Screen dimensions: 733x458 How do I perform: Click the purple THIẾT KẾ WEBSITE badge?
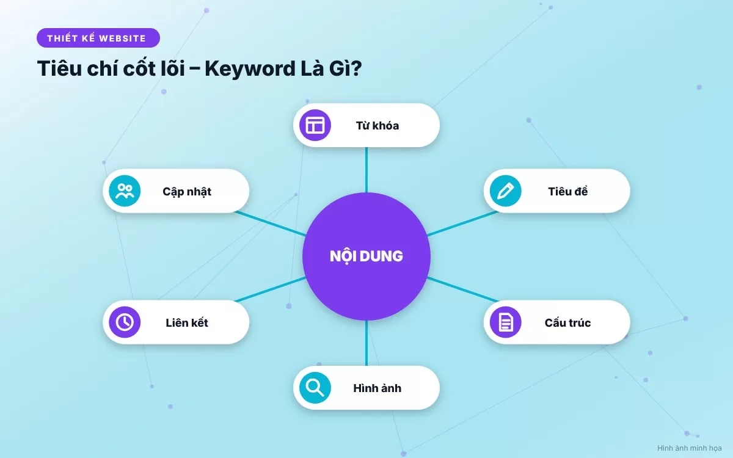(x=98, y=38)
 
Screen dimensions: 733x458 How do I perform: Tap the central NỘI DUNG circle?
(x=366, y=256)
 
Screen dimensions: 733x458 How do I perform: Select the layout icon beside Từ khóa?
(x=315, y=125)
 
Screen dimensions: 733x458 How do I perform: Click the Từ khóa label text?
(x=377, y=126)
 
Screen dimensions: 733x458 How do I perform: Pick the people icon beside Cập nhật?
(x=125, y=191)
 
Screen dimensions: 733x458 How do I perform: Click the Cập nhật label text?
(x=187, y=192)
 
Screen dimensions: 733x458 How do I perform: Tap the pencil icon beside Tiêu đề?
(x=506, y=191)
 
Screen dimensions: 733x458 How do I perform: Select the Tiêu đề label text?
(x=567, y=191)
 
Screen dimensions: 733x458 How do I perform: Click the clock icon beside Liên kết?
(x=125, y=322)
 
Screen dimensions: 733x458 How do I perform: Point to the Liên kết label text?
(x=187, y=322)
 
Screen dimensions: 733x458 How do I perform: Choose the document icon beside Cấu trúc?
(x=506, y=322)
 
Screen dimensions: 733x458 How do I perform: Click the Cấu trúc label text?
(x=567, y=322)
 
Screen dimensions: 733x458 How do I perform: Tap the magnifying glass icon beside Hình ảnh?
(x=315, y=388)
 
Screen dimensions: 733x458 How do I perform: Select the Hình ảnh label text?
(x=377, y=388)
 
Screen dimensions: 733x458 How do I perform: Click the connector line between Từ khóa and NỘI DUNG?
(x=366, y=170)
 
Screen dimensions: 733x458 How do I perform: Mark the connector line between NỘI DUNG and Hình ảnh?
(x=366, y=343)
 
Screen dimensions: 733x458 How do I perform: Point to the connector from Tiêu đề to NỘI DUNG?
(x=462, y=224)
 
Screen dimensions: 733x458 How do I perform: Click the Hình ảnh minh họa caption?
(x=690, y=448)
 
